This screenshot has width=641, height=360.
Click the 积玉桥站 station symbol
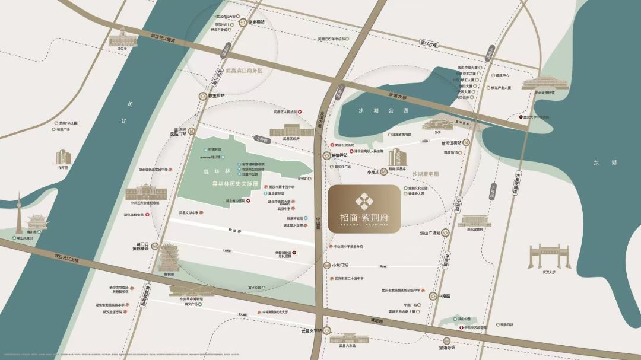pyautogui.click(x=203, y=96)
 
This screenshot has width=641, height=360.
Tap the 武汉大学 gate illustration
pyautogui.click(x=548, y=256)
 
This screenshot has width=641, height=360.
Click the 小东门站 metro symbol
pyautogui.click(x=328, y=266)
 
